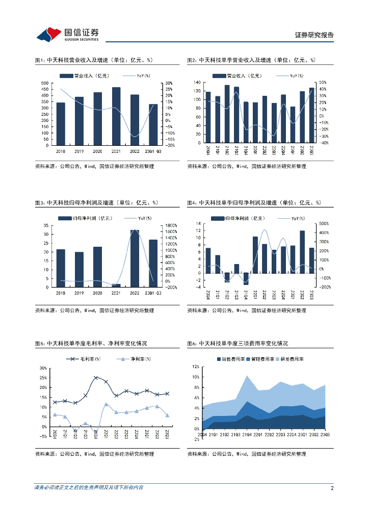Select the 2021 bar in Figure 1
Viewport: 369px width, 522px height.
pos(116,116)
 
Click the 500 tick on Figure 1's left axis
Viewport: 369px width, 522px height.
pos(45,83)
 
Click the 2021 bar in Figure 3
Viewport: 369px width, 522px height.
pos(116,285)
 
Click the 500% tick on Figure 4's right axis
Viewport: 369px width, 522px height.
pos(323,223)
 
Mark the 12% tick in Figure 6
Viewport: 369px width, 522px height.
pos(195,367)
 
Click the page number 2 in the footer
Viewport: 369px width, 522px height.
pos(332,488)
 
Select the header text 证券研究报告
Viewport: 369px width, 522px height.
pos(314,35)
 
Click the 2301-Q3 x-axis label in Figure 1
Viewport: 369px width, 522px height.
pos(153,151)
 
